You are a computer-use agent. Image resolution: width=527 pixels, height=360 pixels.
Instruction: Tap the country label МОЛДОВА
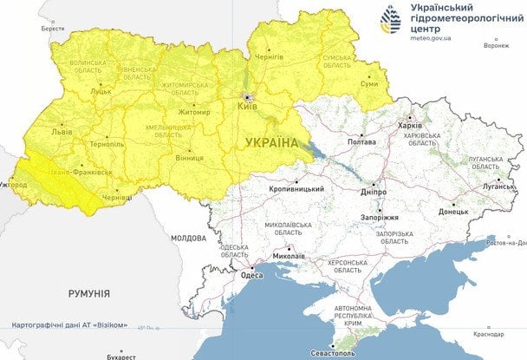187,237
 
